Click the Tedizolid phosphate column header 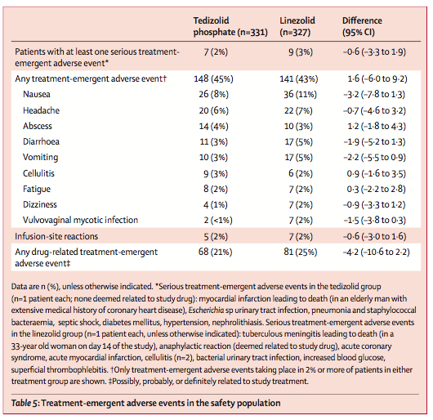pos(230,26)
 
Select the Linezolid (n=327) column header pos(297,26)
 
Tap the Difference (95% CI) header pos(362,26)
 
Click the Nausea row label pos(37,94)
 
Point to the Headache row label pos(41,110)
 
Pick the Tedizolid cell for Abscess pos(214,126)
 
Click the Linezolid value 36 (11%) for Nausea pos(300,95)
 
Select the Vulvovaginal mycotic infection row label pos(80,220)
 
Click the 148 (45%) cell pos(213,79)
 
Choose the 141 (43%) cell pos(299,79)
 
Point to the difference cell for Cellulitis pos(376,174)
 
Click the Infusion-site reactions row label pos(56,236)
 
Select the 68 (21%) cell pos(216,252)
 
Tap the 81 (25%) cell pos(301,252)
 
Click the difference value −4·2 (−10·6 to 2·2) pos(377,252)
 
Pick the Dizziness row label pos(40,204)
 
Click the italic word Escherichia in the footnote pos(206,311)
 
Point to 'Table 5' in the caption pos(24,403)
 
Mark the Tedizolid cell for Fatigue pos(216,189)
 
